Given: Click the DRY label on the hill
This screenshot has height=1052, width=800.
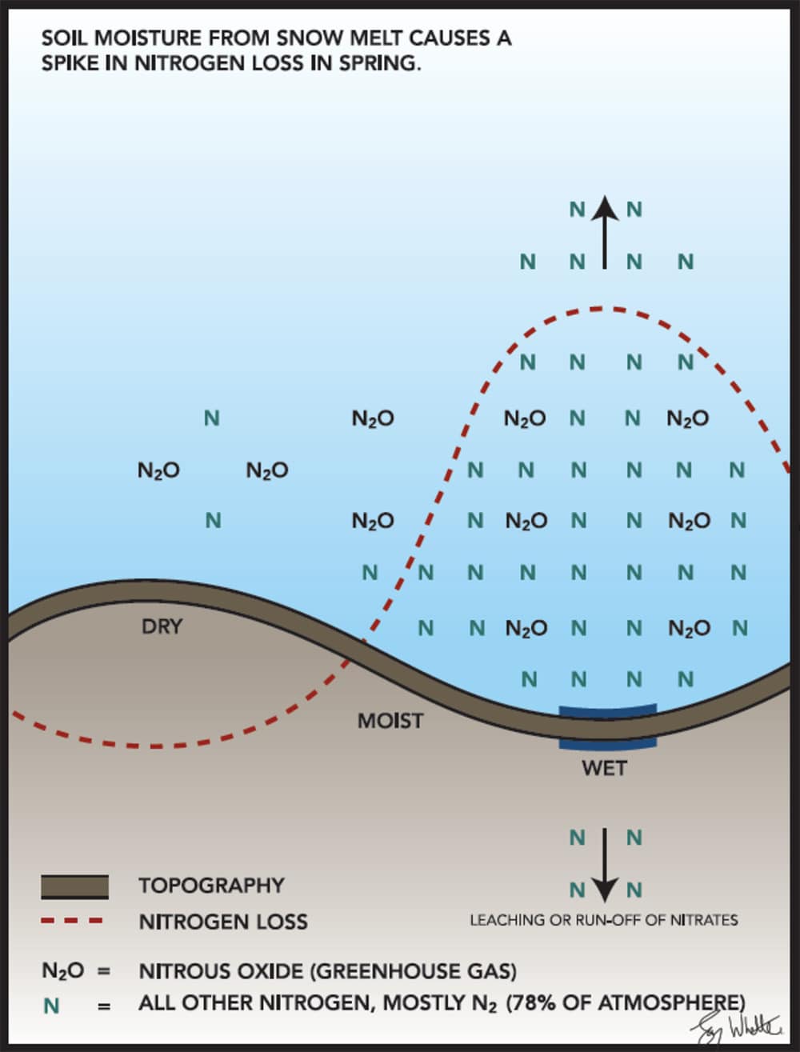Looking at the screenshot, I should click(x=162, y=626).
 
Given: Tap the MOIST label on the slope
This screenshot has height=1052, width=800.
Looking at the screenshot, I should click(x=390, y=721).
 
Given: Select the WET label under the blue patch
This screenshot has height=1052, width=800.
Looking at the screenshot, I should click(x=604, y=768).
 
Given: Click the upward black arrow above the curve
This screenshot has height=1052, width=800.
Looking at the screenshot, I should click(x=605, y=232).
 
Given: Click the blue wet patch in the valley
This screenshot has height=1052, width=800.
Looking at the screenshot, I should click(x=607, y=726).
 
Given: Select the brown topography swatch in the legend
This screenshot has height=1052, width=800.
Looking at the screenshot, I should click(x=74, y=886).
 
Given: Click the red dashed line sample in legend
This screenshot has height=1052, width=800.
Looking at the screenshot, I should click(x=72, y=921).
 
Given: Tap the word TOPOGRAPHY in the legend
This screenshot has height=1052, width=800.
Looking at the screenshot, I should click(x=211, y=886).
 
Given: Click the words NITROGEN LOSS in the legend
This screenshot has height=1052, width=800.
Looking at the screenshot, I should click(x=223, y=922).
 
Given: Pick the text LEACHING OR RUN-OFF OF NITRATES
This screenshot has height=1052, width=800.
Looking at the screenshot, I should click(x=603, y=920).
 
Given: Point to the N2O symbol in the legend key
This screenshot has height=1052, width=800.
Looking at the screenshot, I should click(x=62, y=971).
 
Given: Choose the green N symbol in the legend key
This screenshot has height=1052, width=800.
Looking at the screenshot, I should click(x=52, y=1005).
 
